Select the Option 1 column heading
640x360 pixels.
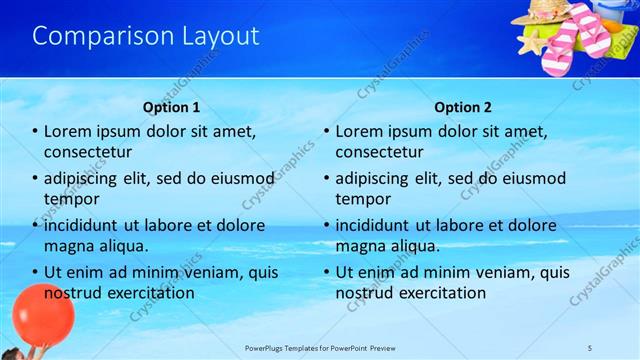pyautogui.click(x=171, y=107)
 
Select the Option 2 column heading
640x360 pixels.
pyautogui.click(x=464, y=107)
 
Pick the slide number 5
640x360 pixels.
pyautogui.click(x=590, y=347)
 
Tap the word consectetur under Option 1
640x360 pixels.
pyautogui.click(x=88, y=152)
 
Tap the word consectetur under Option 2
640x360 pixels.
pyautogui.click(x=379, y=152)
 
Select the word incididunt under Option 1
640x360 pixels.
pyautogui.click(x=84, y=225)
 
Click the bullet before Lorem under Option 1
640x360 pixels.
pyautogui.click(x=36, y=132)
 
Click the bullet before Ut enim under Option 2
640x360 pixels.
pyautogui.click(x=327, y=272)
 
